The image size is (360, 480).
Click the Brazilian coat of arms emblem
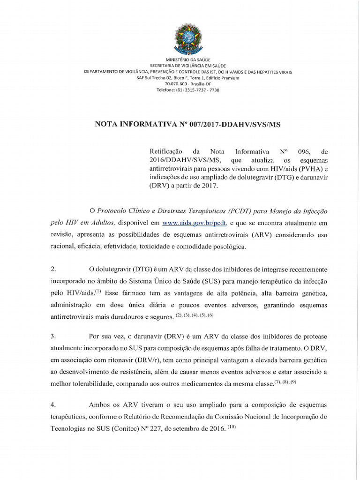click(x=187, y=37)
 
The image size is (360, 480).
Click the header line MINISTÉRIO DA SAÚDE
click(x=187, y=60)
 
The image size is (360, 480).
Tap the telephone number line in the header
click(x=187, y=90)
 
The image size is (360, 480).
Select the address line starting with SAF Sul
click(x=187, y=78)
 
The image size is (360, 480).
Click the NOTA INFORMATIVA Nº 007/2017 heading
click(x=187, y=124)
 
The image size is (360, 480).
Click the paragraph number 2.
click(x=53, y=269)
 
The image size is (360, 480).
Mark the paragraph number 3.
click(x=53, y=336)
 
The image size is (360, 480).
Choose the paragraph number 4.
click(x=53, y=404)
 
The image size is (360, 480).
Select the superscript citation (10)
click(x=233, y=427)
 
